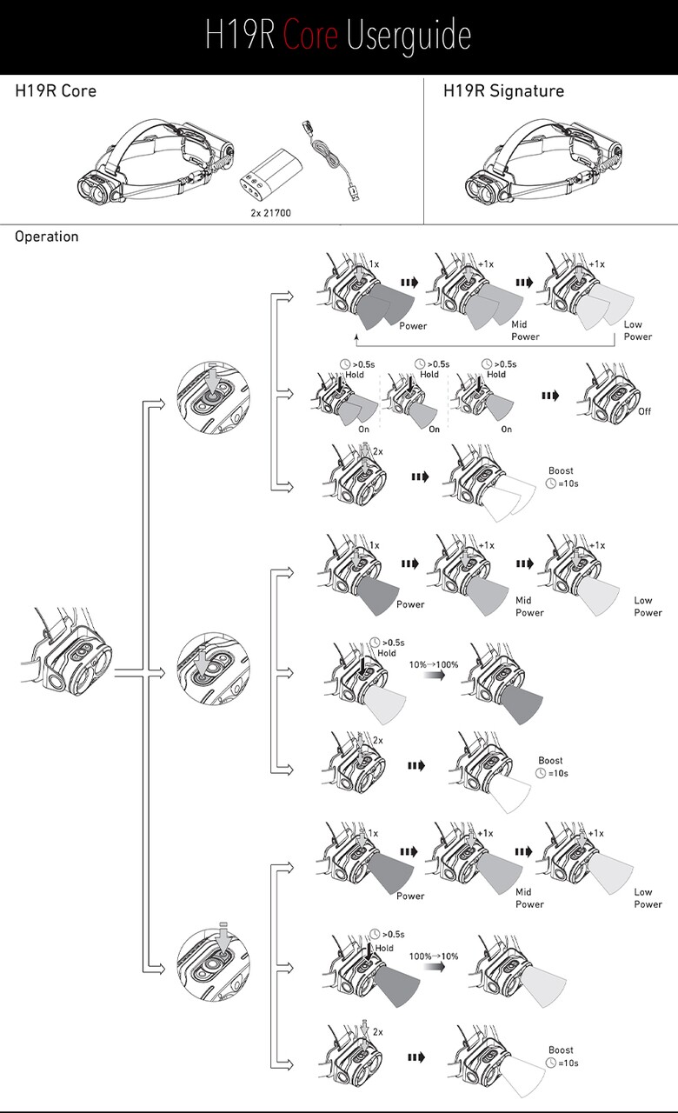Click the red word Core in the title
[311, 36]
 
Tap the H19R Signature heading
[503, 90]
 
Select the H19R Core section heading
[56, 90]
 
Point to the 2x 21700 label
[270, 211]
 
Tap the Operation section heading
[46, 237]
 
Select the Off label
[644, 411]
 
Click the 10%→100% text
[433, 663]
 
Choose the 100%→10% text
[434, 956]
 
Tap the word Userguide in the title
[409, 36]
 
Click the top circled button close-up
[212, 397]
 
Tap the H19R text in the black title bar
[241, 36]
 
